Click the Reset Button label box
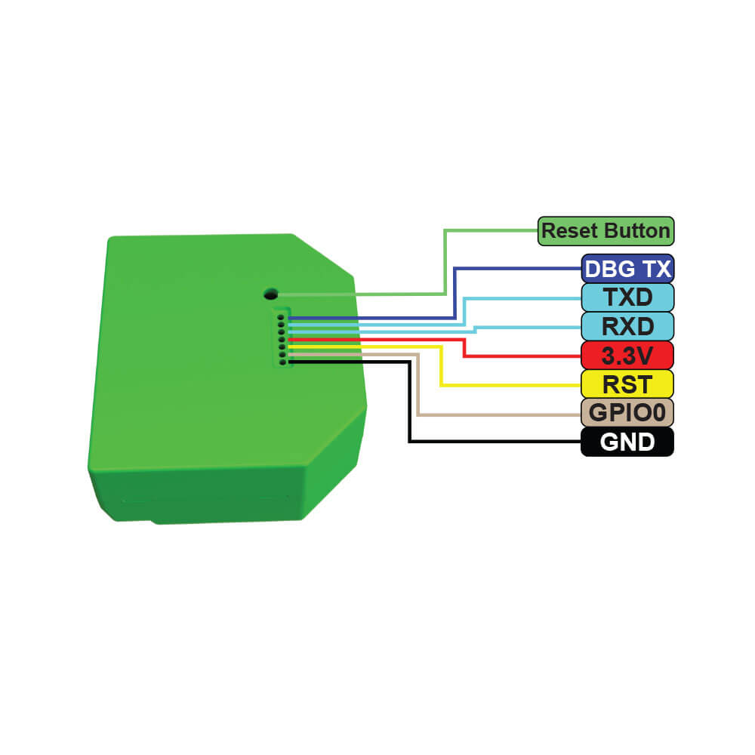[606, 231]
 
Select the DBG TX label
[627, 269]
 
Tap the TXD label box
[627, 297]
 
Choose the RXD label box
[627, 326]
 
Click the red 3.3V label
[627, 356]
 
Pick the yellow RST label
[627, 384]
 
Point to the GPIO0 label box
[627, 413]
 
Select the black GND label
[627, 442]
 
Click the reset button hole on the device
[271, 293]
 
